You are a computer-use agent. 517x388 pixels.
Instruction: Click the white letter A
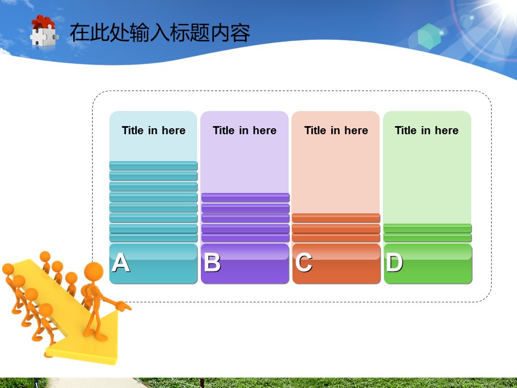click(x=121, y=262)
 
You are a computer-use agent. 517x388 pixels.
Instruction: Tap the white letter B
click(x=212, y=262)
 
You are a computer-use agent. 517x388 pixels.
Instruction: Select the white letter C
click(x=304, y=262)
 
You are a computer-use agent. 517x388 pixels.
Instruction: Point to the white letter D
click(x=395, y=262)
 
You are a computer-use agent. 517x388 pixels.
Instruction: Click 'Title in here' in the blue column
click(x=153, y=130)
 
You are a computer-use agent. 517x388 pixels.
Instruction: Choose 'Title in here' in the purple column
click(x=244, y=130)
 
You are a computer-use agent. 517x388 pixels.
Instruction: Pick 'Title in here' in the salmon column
click(x=336, y=130)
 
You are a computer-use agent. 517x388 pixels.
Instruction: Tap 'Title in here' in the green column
click(x=427, y=130)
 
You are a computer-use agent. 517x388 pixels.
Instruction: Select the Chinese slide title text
click(x=160, y=32)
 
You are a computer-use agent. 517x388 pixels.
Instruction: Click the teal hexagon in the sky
click(x=429, y=36)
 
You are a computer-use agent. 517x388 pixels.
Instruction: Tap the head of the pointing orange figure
click(x=94, y=272)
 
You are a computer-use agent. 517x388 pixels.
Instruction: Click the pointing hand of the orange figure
click(x=123, y=307)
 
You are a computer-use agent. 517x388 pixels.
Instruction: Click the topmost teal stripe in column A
click(x=153, y=165)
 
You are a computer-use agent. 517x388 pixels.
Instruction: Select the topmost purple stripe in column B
click(x=246, y=197)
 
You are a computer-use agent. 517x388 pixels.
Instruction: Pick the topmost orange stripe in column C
click(x=336, y=218)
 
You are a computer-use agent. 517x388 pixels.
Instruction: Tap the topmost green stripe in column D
click(x=427, y=228)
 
